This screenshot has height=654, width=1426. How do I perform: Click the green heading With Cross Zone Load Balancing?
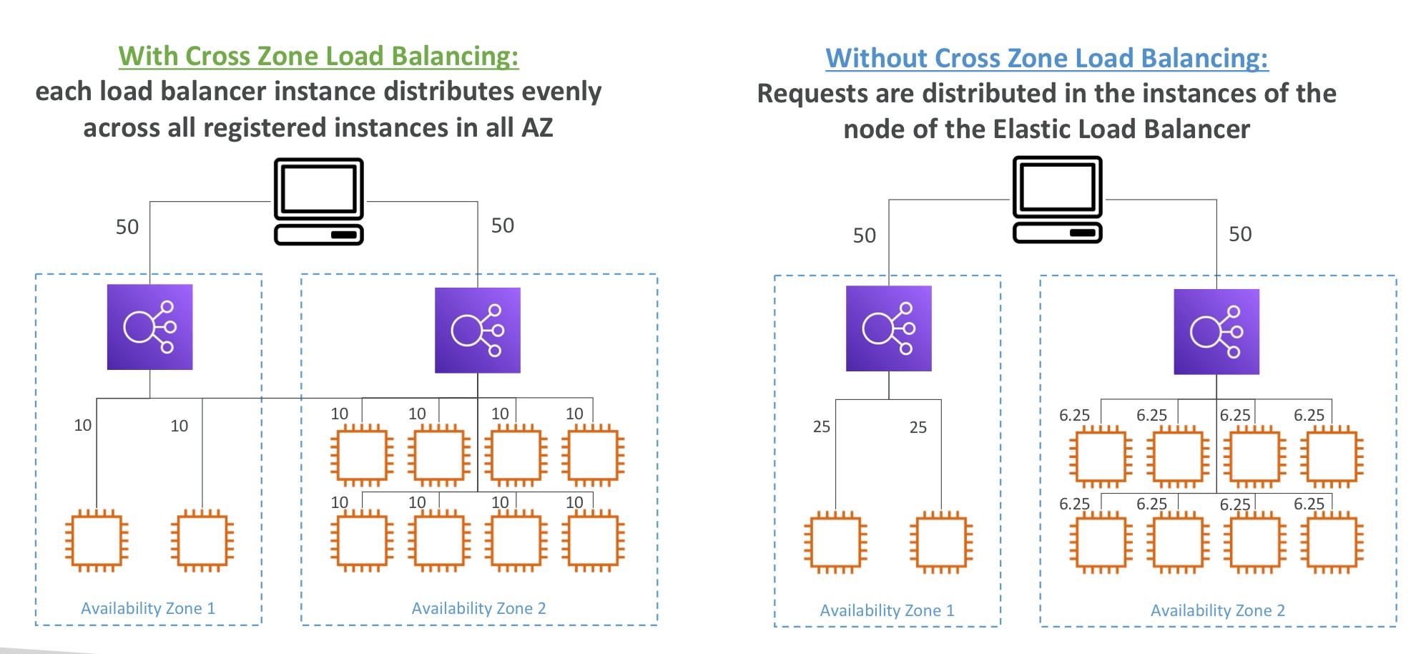[318, 56]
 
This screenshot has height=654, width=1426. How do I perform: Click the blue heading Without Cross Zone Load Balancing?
[1046, 58]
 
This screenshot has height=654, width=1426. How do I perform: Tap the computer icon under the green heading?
[319, 201]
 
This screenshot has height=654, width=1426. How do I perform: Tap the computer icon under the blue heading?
[1057, 200]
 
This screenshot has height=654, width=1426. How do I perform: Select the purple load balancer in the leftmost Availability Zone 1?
[149, 327]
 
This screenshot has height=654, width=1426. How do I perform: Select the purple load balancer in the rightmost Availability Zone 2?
[1216, 331]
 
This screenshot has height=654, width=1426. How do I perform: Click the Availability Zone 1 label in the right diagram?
[887, 610]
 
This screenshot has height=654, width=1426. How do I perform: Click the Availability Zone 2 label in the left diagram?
[478, 608]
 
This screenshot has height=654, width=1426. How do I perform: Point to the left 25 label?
[822, 427]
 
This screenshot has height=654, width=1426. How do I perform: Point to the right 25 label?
[918, 428]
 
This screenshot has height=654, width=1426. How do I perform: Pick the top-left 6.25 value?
[1074, 415]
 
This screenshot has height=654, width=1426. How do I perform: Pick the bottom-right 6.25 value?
[1309, 504]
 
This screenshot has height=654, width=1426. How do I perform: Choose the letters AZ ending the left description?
[537, 128]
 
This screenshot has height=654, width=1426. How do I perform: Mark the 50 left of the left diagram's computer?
[127, 228]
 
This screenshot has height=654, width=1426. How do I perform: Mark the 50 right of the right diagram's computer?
[1240, 234]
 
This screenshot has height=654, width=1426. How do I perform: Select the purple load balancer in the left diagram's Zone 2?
[477, 330]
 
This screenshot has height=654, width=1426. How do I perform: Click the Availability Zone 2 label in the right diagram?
[1217, 610]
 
